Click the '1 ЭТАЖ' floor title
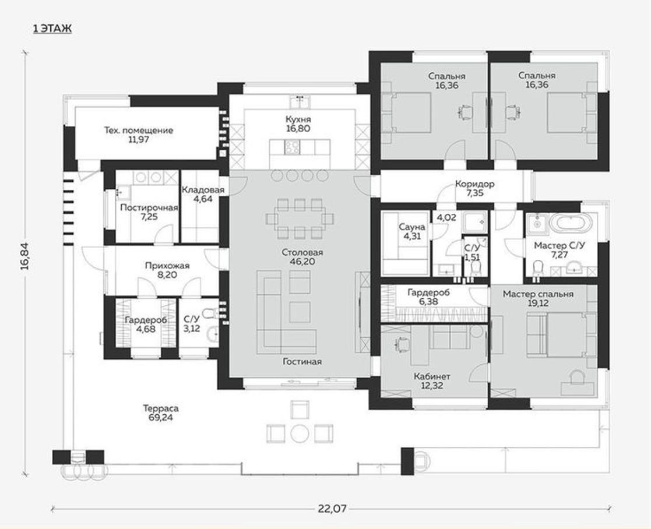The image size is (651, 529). pos(52,29)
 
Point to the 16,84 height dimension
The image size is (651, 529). pos(25,256)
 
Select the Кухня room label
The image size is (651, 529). pos(298,119)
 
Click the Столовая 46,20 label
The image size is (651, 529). pos(302,258)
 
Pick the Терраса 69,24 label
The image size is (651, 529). pos(161,413)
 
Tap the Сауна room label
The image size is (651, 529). pos(412,227)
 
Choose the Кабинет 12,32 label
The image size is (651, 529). pos(432,381)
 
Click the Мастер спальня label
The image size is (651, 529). pos(538,294)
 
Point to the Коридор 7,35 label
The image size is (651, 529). pos(475,188)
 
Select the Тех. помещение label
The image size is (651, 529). pos(138,131)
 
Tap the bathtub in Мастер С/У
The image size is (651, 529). pos(569,224)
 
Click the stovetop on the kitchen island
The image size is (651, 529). pos(292,147)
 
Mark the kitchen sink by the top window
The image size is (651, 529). pos(299,102)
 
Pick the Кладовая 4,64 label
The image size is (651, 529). pos(203,194)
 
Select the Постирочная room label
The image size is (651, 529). pos(149,207)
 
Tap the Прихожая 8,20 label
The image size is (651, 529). pos(167,270)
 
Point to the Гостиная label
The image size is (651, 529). pos(302,362)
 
